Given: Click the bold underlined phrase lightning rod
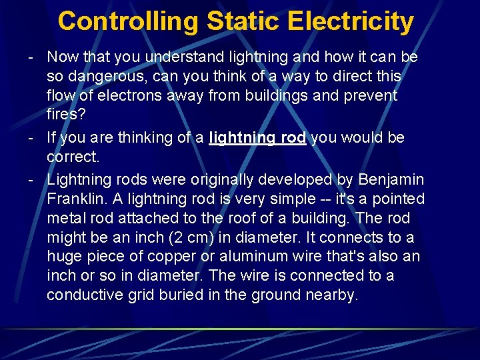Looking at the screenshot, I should (x=257, y=138).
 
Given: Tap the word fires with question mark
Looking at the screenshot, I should (x=66, y=114).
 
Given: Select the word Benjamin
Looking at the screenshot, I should (x=391, y=179).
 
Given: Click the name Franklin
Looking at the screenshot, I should (x=73, y=199).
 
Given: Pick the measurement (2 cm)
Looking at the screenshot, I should (x=203, y=237).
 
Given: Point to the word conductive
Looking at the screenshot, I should (x=86, y=295).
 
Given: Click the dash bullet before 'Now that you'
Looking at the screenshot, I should (x=31, y=57).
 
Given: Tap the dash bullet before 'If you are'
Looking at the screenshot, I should (x=31, y=138).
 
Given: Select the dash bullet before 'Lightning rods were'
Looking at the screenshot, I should (x=31, y=179).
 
